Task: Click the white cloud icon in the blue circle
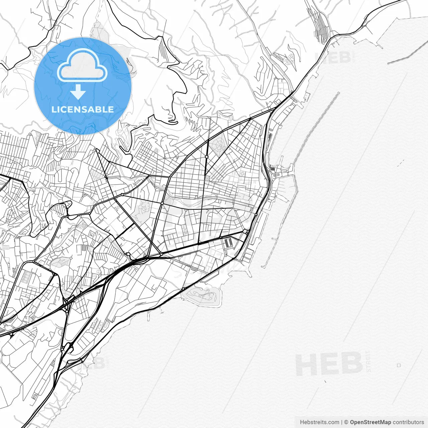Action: point(82,66)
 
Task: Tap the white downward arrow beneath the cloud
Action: point(78,92)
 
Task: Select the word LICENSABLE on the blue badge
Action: point(83,109)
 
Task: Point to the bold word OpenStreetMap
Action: point(370,422)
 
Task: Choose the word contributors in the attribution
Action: point(408,422)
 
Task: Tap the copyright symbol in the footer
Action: point(346,422)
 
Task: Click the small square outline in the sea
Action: point(399,365)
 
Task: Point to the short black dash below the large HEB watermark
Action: point(325,381)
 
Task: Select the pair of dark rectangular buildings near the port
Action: point(229,243)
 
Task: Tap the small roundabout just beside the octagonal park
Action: point(207,156)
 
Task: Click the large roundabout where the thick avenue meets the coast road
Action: point(245,231)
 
